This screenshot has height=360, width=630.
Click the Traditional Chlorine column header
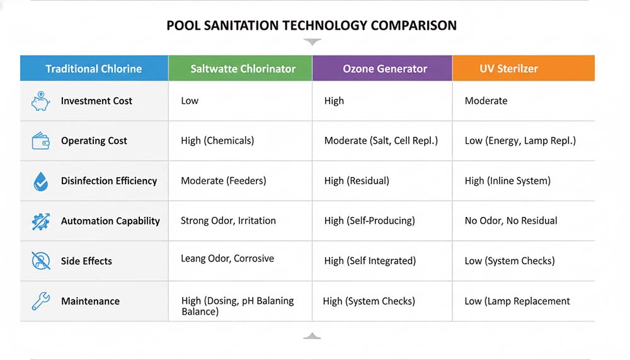coord(94,69)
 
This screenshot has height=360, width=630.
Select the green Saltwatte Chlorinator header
coord(243,69)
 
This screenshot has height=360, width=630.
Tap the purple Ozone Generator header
coord(384,69)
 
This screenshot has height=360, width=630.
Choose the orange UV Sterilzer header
coord(508,69)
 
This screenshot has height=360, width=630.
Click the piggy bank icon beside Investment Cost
coord(40,101)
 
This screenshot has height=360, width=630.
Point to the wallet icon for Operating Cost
coord(40,141)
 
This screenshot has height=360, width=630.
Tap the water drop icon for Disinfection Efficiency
coord(40,182)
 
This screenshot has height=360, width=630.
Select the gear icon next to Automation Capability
coord(40,221)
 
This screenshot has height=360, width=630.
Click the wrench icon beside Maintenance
coord(40,301)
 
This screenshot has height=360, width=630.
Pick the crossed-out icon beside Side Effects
coord(40,261)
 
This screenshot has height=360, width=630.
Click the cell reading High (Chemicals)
coord(217,141)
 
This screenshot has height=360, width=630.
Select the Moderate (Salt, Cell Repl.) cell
coord(381,141)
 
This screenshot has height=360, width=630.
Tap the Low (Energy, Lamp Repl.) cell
coord(520,141)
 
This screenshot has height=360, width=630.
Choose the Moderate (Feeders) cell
coord(223,181)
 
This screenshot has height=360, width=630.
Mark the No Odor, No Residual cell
coord(510,221)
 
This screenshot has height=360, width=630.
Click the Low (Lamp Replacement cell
coord(517,301)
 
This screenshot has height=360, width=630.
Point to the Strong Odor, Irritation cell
coord(228,221)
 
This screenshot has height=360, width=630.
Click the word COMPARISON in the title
coord(413,26)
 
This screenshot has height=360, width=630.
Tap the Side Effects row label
coord(86,261)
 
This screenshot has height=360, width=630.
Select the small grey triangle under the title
coord(312,42)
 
